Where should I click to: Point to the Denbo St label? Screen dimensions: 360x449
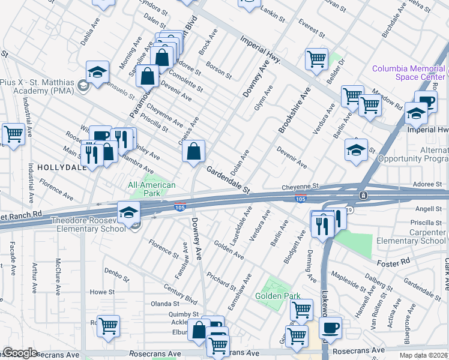click(x=117, y=275)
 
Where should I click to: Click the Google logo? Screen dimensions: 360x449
click(x=20, y=353)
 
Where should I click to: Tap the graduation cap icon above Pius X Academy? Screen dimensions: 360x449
click(x=97, y=73)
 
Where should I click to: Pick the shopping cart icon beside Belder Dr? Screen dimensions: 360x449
click(x=316, y=59)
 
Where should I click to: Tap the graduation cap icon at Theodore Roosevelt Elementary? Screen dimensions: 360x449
click(x=128, y=212)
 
